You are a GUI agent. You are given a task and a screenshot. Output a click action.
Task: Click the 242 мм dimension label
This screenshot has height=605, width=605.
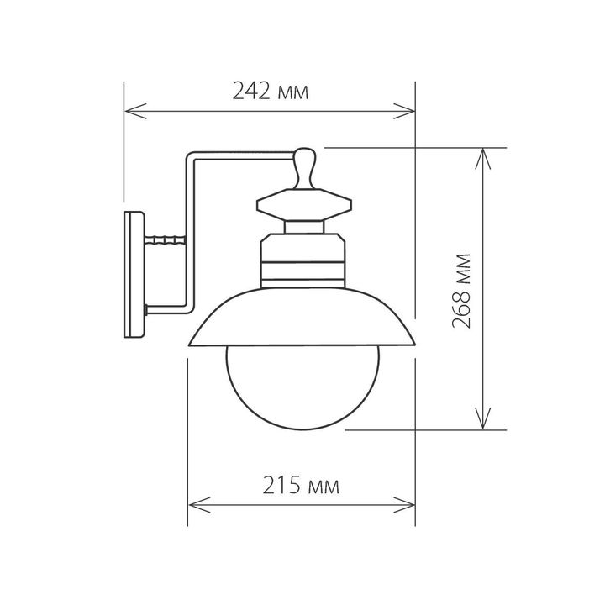(x=270, y=92)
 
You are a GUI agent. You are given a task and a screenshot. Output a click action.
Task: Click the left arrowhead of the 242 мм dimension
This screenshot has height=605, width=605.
(x=131, y=109)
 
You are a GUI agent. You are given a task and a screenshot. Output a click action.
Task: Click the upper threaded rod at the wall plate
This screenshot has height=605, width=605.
(x=164, y=240)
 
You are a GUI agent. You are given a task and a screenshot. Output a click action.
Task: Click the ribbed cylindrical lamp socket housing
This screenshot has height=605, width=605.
(x=302, y=260)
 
